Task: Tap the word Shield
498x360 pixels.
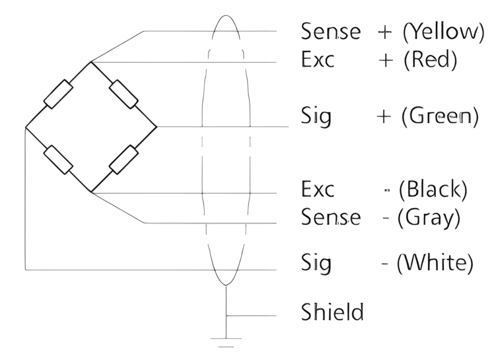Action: coord(332,312)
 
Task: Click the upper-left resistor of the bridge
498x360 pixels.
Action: coord(58,94)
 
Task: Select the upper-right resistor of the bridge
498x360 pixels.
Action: coord(124,94)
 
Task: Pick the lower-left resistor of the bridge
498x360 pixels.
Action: coord(58,159)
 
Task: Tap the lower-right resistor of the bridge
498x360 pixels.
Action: coord(124,159)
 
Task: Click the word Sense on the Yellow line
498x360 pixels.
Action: coord(331,32)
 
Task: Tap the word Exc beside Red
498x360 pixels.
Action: coord(318,61)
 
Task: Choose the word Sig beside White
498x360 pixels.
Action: coord(316,264)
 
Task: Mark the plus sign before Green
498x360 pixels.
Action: coord(385,117)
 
